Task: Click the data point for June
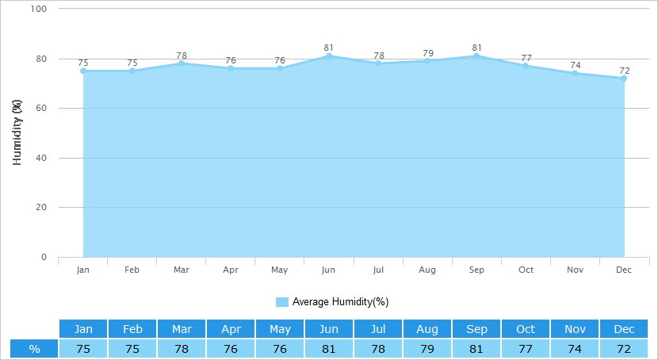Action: pyautogui.click(x=329, y=56)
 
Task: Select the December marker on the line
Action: pyautogui.click(x=625, y=79)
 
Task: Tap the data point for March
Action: pyautogui.click(x=182, y=63)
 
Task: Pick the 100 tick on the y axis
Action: pyautogui.click(x=39, y=9)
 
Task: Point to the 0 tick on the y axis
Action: pyautogui.click(x=44, y=257)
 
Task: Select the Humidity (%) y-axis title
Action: pyautogui.click(x=17, y=132)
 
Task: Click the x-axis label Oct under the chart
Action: pyautogui.click(x=526, y=270)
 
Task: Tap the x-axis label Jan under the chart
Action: pyautogui.click(x=83, y=270)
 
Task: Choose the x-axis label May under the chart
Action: pyautogui.click(x=280, y=270)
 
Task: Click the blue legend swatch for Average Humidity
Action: pyautogui.click(x=282, y=302)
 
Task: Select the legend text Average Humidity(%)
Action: pyautogui.click(x=340, y=302)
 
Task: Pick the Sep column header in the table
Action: pyautogui.click(x=476, y=329)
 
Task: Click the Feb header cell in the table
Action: pyautogui.click(x=132, y=329)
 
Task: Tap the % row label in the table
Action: pyautogui.click(x=34, y=349)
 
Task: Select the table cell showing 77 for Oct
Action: pyautogui.click(x=526, y=349)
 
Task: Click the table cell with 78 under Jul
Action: pyautogui.click(x=378, y=349)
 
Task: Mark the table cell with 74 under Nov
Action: pyautogui.click(x=575, y=349)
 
